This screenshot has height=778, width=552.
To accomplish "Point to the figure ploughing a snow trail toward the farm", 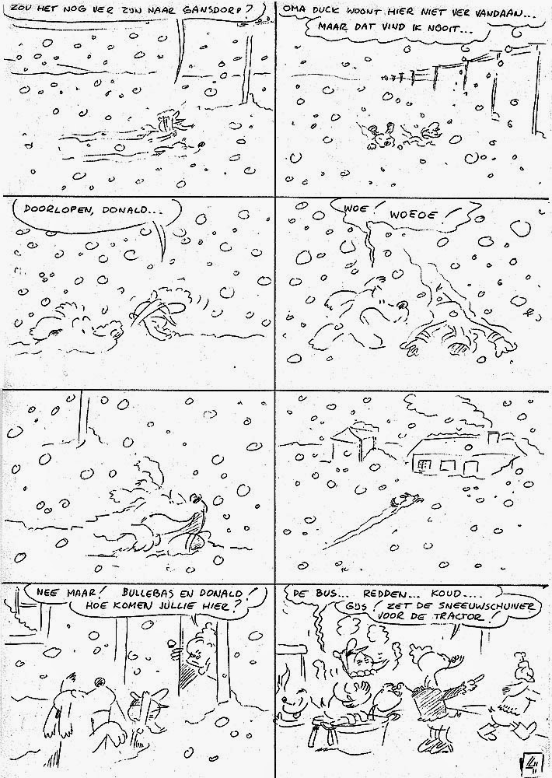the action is click(400, 500).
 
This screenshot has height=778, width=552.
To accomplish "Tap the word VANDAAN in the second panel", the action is click(499, 12).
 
